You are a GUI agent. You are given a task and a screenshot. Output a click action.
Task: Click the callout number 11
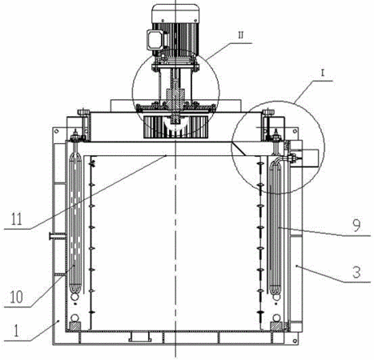click(x=17, y=218)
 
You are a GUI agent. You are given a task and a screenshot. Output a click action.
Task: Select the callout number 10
click(x=17, y=297)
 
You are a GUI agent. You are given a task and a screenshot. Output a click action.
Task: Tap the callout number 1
click(x=16, y=331)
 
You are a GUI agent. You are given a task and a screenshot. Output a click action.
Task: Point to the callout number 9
click(x=356, y=225)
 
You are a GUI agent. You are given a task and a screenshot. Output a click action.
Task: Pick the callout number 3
click(x=356, y=272)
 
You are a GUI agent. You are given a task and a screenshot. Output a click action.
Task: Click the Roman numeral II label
click(x=240, y=35)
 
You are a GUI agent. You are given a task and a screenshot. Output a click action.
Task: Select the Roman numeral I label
click(x=323, y=74)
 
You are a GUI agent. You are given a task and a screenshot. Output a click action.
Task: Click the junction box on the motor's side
click(x=154, y=39)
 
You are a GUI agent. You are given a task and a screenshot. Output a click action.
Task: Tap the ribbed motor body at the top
click(x=175, y=30)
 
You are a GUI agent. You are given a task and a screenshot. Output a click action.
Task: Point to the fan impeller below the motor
click(x=175, y=126)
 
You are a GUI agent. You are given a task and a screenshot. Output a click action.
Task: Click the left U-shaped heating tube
click(x=75, y=223)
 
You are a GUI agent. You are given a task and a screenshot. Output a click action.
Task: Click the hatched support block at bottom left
click(x=74, y=326)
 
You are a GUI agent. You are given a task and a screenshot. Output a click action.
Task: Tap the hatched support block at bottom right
click(x=276, y=326)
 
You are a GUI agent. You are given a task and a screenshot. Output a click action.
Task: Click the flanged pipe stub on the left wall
click(x=57, y=236)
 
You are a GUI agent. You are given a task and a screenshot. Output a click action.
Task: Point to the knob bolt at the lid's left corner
click(x=83, y=113)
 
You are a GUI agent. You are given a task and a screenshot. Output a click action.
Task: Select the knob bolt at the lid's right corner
click(x=268, y=113)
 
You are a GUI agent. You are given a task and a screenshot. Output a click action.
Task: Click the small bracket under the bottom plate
click(x=140, y=337)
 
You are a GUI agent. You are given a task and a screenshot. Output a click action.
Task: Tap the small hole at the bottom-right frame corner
click(x=295, y=341)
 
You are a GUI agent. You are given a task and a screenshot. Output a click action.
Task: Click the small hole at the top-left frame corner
click(x=57, y=131)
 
